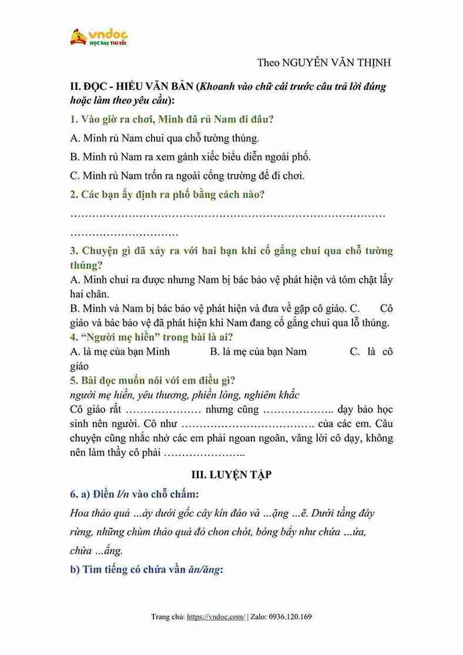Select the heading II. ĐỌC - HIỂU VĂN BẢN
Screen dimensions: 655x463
[132, 86]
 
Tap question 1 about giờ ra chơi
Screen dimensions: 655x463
[172, 119]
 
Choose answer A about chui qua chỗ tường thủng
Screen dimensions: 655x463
[164, 139]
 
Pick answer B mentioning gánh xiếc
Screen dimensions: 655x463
[190, 157]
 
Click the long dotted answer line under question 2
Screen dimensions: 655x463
[227, 215]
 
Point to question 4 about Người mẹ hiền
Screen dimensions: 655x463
[152, 337]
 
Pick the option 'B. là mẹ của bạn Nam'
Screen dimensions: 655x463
[259, 351]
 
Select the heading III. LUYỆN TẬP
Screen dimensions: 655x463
[231, 475]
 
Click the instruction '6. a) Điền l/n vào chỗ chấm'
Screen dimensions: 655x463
[136, 493]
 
